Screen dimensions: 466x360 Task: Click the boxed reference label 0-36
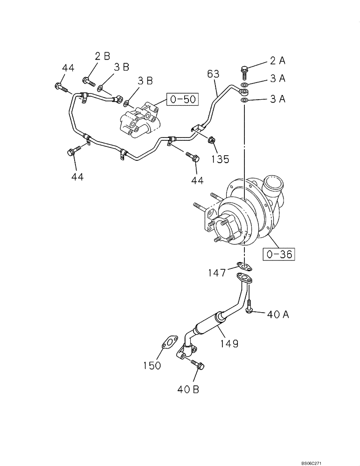(280, 254)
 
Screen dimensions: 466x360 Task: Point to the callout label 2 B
(102, 56)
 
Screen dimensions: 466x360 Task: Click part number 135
(219, 159)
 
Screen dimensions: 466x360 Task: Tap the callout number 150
(152, 365)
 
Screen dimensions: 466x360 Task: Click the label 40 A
(278, 315)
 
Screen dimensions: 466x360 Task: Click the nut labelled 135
(211, 139)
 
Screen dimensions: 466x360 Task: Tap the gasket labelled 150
(168, 343)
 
